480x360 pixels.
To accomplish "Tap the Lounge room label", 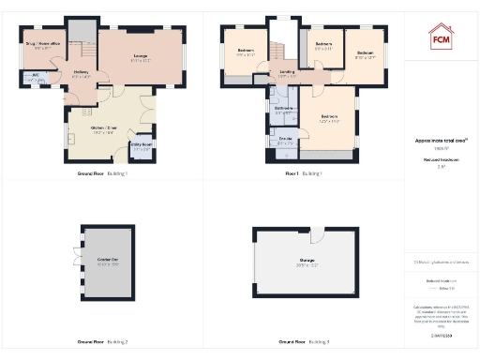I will point(142,58).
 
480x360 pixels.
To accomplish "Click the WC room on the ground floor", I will point(35,78).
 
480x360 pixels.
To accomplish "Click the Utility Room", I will point(141,148).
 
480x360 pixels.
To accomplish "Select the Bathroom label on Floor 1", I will point(282,109).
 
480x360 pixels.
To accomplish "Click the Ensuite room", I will point(283,142).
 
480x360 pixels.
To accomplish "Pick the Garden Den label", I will point(106,258).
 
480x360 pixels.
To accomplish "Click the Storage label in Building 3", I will point(307,261).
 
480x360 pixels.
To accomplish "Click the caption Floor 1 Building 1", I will point(304,173).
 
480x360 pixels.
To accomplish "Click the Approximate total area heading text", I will point(441,140).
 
